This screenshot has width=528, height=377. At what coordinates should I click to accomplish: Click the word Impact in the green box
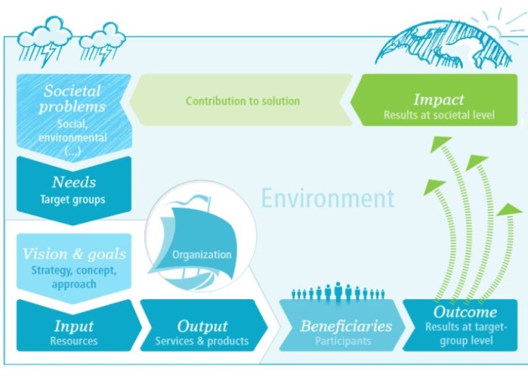click(x=438, y=100)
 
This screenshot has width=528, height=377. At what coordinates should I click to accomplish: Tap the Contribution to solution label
click(x=243, y=101)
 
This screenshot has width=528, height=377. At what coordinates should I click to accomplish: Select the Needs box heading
click(x=74, y=182)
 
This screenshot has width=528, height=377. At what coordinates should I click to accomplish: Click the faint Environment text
click(x=328, y=199)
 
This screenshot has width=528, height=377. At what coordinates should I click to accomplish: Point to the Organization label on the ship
click(x=202, y=255)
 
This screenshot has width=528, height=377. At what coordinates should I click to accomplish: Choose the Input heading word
click(x=74, y=326)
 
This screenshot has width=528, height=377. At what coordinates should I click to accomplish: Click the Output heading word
click(x=202, y=326)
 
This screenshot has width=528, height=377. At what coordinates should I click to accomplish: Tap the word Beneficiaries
click(x=346, y=326)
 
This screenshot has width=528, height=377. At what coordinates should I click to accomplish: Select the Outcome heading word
click(x=465, y=312)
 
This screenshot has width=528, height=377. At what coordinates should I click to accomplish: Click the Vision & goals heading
click(x=74, y=254)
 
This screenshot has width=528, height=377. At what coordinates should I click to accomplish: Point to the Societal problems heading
click(x=72, y=99)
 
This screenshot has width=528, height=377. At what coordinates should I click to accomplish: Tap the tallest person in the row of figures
click(x=338, y=292)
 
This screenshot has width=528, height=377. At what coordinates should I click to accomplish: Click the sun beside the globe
click(x=498, y=27)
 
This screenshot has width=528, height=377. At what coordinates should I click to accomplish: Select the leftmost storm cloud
click(x=44, y=41)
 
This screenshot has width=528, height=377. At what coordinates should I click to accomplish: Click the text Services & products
click(x=202, y=341)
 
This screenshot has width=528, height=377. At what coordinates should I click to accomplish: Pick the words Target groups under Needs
click(x=73, y=199)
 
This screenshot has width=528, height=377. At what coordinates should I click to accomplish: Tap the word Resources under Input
click(x=74, y=341)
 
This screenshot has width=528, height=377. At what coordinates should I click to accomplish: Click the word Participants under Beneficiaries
click(x=343, y=341)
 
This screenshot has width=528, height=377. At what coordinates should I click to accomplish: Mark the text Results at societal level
click(x=439, y=115)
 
